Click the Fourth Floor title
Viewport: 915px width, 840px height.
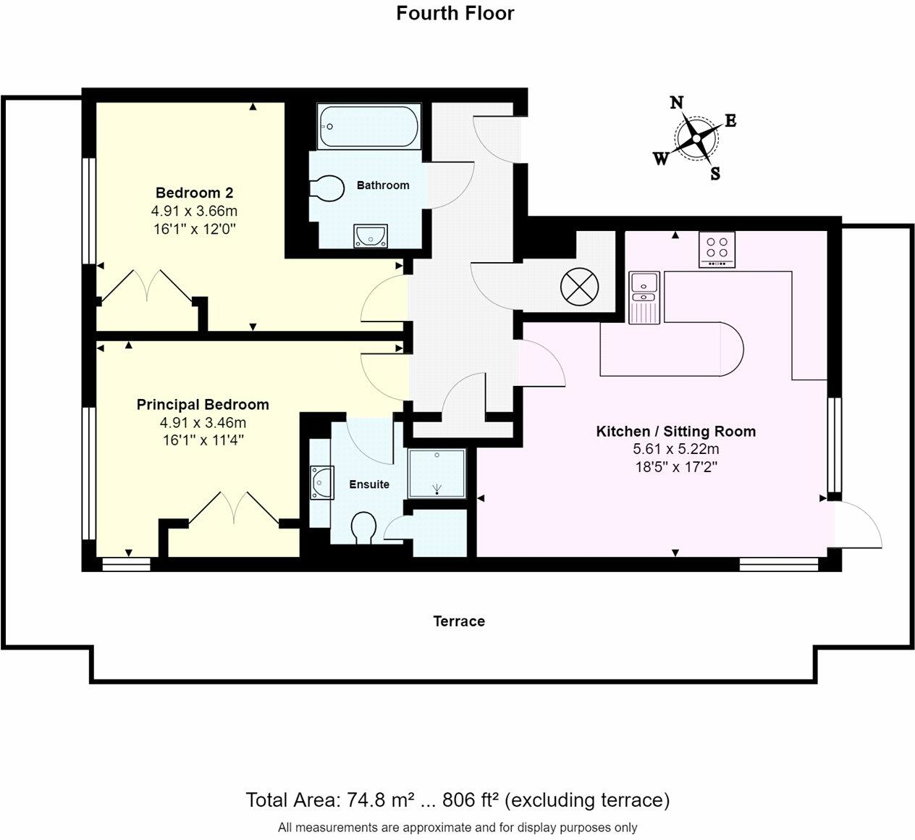[455, 13]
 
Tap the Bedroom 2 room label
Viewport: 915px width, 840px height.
[194, 193]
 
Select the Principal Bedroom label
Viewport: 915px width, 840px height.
[203, 405]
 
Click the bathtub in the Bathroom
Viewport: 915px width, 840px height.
[368, 126]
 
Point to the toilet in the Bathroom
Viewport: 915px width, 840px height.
[327, 188]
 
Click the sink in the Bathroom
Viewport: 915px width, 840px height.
[371, 235]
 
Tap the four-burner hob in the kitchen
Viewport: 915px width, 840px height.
[717, 250]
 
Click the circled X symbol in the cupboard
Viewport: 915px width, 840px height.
[580, 287]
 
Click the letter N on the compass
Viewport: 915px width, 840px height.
[677, 103]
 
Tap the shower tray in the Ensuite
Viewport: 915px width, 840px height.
[437, 474]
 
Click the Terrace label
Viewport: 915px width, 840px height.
[459, 621]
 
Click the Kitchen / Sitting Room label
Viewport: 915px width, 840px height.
[675, 432]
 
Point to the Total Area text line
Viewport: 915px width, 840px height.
[457, 800]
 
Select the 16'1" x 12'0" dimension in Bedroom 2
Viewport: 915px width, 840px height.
[194, 229]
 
